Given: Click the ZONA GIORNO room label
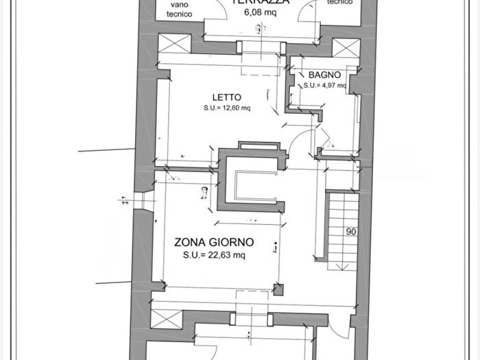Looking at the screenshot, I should pos(214,242).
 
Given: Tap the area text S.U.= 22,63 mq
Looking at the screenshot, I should pos(214,255).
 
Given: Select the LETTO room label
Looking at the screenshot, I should pos(226,97).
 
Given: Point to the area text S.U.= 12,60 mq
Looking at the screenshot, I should pos(226,108).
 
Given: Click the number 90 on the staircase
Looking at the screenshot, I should pos(351,232).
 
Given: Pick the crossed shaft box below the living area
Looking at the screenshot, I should pos(164,318).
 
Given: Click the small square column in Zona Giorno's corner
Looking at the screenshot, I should pos(278,289).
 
